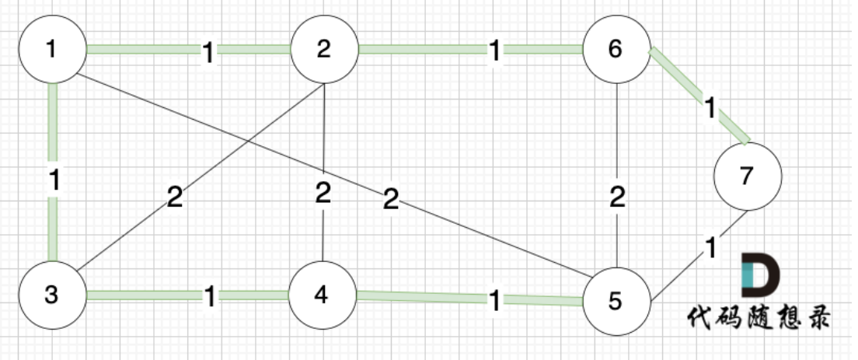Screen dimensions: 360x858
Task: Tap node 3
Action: [51, 295]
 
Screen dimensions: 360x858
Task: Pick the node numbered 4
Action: [323, 295]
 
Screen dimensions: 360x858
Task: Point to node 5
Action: [616, 301]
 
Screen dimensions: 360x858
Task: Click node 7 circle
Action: [747, 177]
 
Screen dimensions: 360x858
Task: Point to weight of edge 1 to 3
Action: [53, 181]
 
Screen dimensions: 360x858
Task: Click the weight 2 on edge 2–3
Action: [175, 197]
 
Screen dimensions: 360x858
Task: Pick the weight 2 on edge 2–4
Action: [323, 191]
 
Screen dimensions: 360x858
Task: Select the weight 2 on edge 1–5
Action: [391, 201]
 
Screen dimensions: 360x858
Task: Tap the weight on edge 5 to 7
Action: [710, 249]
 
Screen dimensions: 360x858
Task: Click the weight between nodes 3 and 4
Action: [209, 296]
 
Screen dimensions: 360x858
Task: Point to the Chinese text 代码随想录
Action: [758, 317]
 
